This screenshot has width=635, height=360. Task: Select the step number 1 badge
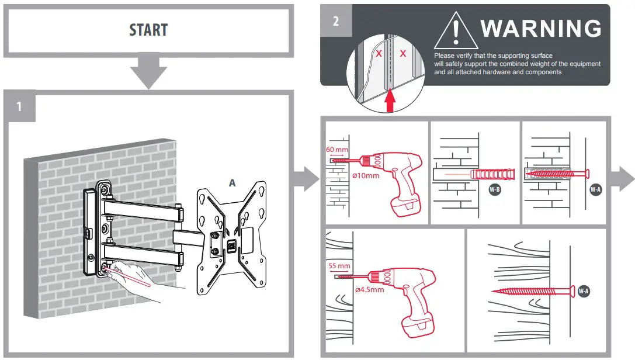tap(19, 106)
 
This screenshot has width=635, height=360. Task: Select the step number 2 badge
tap(335, 22)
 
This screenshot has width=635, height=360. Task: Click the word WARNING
tap(540, 28)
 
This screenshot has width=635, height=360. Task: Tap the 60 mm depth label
tap(338, 149)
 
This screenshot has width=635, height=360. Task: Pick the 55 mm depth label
tap(339, 265)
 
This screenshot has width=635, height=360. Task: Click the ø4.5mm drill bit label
tap(369, 289)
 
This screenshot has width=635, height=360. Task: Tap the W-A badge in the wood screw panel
tap(583, 290)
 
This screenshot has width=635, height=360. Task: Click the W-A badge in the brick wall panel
tap(595, 189)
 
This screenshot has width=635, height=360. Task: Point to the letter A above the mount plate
tap(232, 183)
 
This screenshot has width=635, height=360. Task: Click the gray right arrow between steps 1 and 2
tap(305, 178)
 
